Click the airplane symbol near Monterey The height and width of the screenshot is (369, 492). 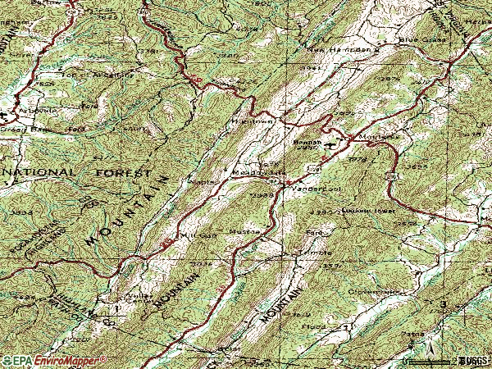[330, 145]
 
